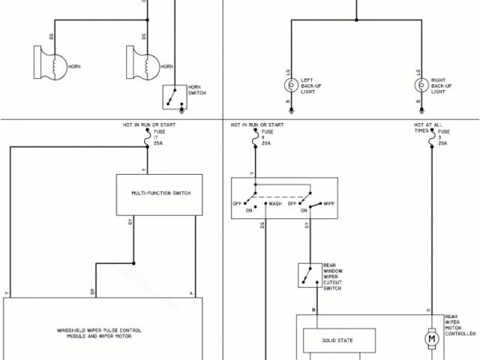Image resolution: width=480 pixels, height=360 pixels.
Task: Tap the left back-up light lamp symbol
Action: coord(290,82)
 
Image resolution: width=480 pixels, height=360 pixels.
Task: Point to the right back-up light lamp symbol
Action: coord(421,82)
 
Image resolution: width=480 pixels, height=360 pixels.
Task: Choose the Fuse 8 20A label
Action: coord(267,137)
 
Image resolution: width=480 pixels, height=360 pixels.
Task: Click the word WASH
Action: coord(275,203)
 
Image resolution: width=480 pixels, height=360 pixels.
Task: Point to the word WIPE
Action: coord(328,203)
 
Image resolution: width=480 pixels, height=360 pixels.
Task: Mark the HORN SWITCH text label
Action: coord(196,90)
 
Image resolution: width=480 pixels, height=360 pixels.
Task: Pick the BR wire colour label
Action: coord(93,292)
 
